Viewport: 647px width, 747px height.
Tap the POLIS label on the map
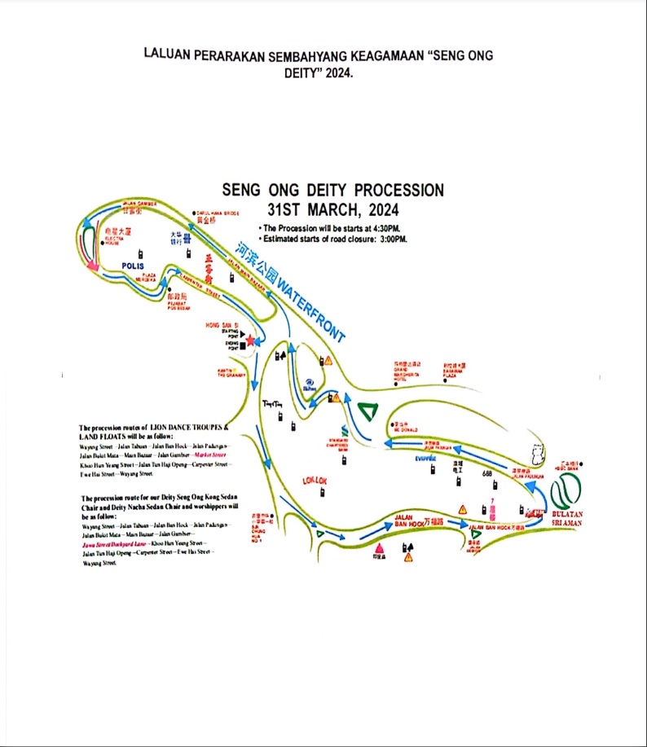pos(132,266)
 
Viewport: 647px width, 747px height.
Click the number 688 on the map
pos(487,473)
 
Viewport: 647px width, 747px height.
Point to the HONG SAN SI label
pos(225,325)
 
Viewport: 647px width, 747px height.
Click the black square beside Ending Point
pos(243,347)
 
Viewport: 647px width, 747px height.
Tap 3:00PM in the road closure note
pos(390,239)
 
